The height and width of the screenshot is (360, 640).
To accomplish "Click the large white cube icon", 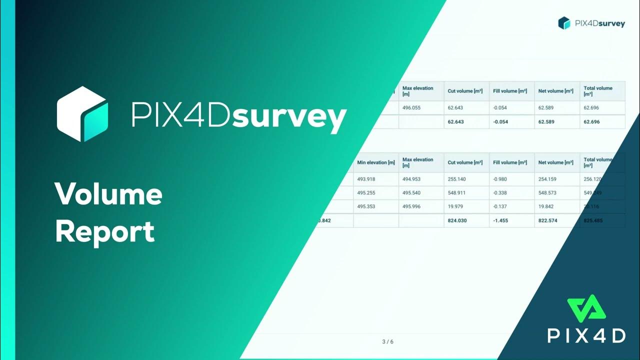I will (x=82, y=114).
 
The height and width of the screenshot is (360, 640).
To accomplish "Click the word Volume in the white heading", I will (x=108, y=194).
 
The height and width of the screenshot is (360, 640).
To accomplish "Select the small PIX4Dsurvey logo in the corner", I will (x=591, y=23).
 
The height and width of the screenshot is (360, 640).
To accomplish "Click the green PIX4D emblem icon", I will (x=586, y=308).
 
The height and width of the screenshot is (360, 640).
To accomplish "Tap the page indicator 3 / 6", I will (x=387, y=342).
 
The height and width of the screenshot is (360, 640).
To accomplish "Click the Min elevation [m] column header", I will (x=376, y=162).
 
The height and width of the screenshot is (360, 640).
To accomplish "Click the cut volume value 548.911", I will (x=457, y=192).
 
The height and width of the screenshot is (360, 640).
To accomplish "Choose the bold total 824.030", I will (x=457, y=220).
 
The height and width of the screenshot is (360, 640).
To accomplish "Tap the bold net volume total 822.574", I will (x=549, y=220).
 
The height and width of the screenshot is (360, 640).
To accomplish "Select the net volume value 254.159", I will (x=549, y=179).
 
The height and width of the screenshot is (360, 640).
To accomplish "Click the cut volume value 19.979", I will (x=456, y=206).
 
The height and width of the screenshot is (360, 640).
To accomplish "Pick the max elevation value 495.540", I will (x=413, y=192).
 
